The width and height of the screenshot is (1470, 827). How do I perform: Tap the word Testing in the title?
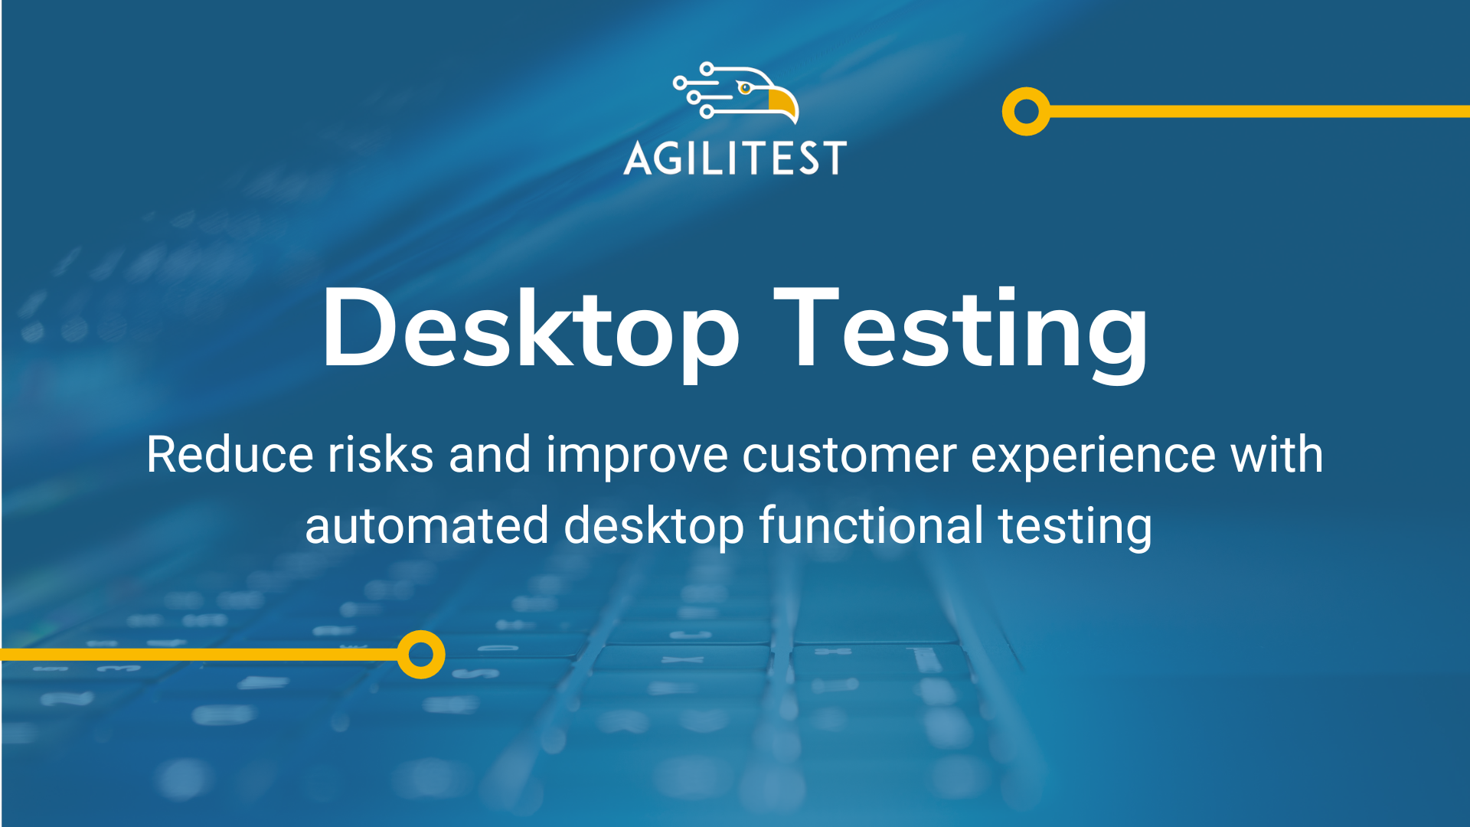pos(961,331)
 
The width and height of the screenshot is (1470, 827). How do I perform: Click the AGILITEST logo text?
pos(735,158)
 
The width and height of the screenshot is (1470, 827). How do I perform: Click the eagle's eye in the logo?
pos(745,88)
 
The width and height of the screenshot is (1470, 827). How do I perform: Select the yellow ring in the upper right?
pos(1026,112)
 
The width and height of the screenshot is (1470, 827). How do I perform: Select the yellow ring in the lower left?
pos(421,655)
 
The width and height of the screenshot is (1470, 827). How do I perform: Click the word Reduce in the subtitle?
pos(230,455)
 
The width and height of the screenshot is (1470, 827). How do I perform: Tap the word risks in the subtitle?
pos(381,455)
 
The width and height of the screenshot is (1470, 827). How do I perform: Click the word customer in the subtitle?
pos(849,455)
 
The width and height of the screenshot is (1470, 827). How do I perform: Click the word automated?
pos(426,526)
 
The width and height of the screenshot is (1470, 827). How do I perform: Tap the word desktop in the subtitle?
pos(654,528)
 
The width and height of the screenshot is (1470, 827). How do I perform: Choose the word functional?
pos(871,526)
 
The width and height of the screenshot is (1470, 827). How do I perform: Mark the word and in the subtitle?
pos(489,455)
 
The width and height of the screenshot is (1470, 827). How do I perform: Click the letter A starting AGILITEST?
pos(637,159)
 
